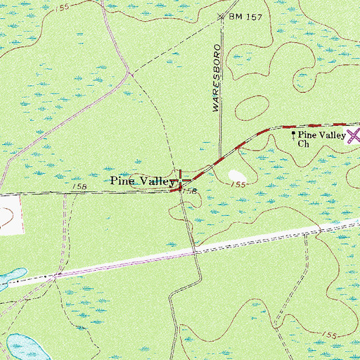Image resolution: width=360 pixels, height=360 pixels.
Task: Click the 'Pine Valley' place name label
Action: (x=141, y=181)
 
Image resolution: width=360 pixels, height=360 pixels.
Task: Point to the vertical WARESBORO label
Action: (x=217, y=79)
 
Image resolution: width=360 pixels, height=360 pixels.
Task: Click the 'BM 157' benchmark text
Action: (x=247, y=15)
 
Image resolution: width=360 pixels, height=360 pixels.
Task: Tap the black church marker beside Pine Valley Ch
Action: (x=293, y=133)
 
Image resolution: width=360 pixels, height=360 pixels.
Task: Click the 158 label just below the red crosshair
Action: (x=188, y=191)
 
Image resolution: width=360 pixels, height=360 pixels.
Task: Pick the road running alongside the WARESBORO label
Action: (x=222, y=77)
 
